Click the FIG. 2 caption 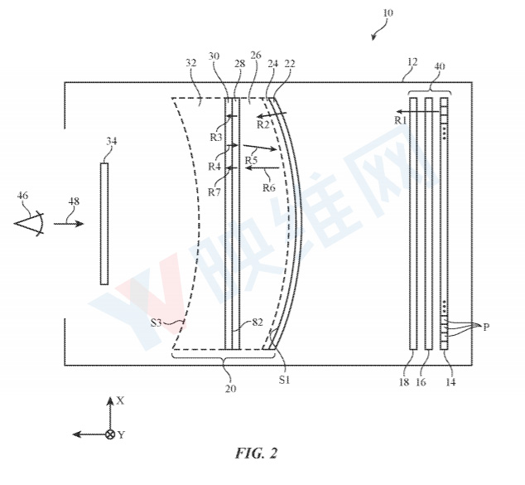tap(257, 453)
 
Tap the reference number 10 tap(388, 13)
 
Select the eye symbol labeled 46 tap(29, 223)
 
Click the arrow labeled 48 tap(69, 224)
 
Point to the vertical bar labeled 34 tap(104, 224)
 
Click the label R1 tap(401, 120)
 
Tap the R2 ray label tap(263, 124)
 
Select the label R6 tap(268, 187)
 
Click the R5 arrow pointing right tap(260, 148)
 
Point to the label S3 tap(156, 323)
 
